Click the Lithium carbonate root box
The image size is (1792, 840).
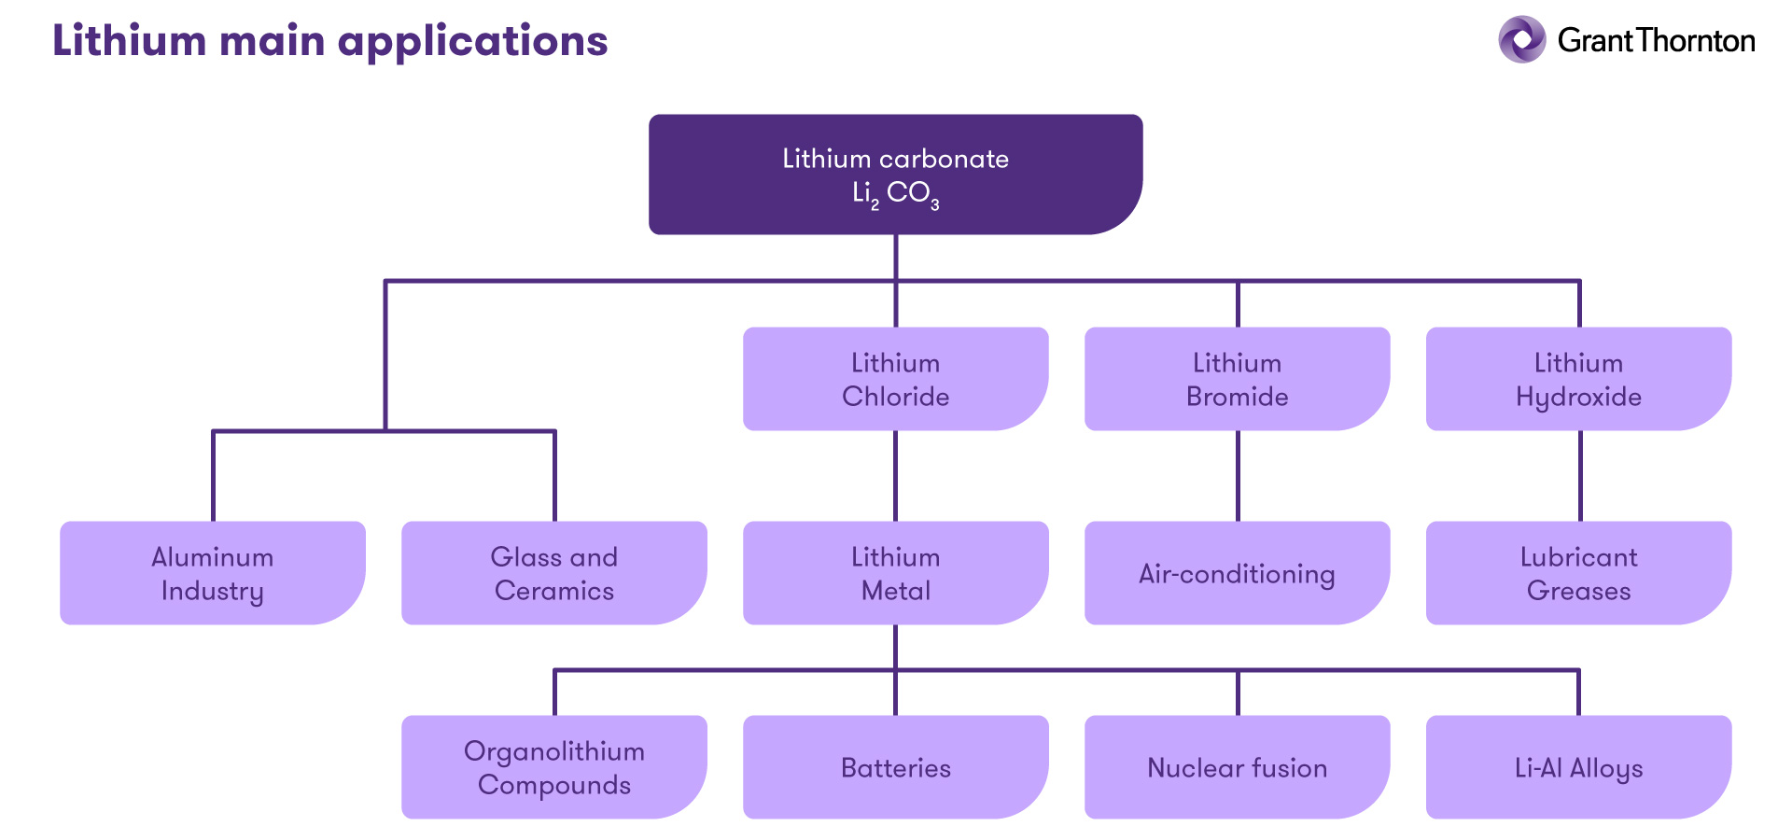pyautogui.click(x=895, y=175)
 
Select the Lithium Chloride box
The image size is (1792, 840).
pyautogui.click(x=895, y=379)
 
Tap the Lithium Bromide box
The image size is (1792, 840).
pyautogui.click(x=1237, y=379)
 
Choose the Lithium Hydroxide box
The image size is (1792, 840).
pyautogui.click(x=1578, y=379)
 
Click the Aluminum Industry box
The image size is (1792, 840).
pyautogui.click(x=212, y=573)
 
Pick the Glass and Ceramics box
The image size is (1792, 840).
pyautogui.click(x=553, y=573)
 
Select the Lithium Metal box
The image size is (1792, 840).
pyautogui.click(x=895, y=573)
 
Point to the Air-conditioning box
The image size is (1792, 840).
pyautogui.click(x=1237, y=573)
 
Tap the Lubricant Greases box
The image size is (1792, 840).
pyautogui.click(x=1578, y=573)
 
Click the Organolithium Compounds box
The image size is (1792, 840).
pyautogui.click(x=553, y=767)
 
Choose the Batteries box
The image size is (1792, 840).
pyautogui.click(x=895, y=767)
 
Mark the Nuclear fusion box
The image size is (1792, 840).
pyautogui.click(x=1237, y=767)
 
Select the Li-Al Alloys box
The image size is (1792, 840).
pyautogui.click(x=1578, y=767)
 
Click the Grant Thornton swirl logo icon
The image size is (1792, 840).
pyautogui.click(x=1521, y=39)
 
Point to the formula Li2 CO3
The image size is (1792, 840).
pyautogui.click(x=895, y=193)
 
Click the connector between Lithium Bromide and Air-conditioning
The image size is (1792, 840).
pyautogui.click(x=1238, y=476)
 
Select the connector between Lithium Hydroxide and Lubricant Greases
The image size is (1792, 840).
pyautogui.click(x=1580, y=476)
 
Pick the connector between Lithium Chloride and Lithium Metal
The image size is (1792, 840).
pyautogui.click(x=895, y=476)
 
